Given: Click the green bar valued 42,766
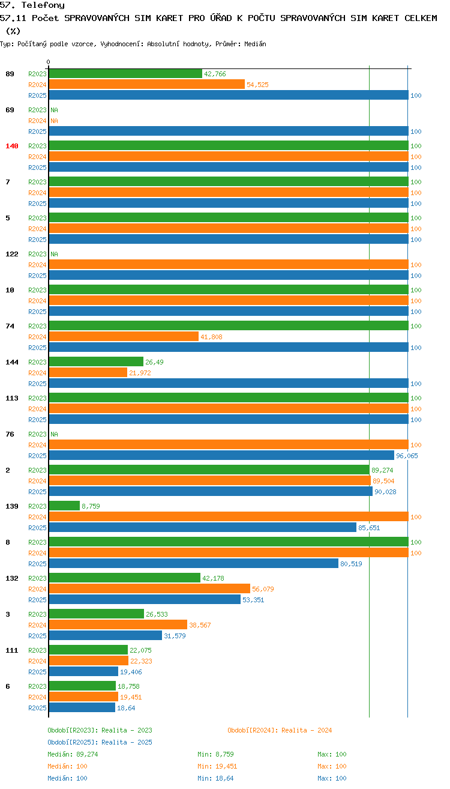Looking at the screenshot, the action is pos(125,74).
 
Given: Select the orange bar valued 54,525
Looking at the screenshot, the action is pos(147,84).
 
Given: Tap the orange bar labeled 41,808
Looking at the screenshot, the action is pos(124,336).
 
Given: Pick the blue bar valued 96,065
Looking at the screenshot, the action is pos(221,455).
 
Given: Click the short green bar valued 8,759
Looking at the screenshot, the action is pos(64,506).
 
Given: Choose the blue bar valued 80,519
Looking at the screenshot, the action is pos(194,564).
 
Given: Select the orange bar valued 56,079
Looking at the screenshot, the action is pos(149,588).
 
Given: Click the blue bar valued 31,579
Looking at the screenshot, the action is pos(106,635).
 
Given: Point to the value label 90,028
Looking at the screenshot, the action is pos(385,492).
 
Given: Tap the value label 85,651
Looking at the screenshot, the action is pos(369,528).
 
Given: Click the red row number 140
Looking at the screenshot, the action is pos(11,146).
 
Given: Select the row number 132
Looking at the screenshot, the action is pos(11,578).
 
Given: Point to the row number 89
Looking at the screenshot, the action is pos(10,74).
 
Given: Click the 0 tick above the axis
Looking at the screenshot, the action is pos(48,62).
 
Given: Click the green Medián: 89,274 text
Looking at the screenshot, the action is pos(73,754).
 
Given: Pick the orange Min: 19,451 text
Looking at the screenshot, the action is pos(217,766).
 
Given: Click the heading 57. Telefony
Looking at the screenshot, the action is pos(32,5).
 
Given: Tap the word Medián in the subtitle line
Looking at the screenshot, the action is pos(255,44).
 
